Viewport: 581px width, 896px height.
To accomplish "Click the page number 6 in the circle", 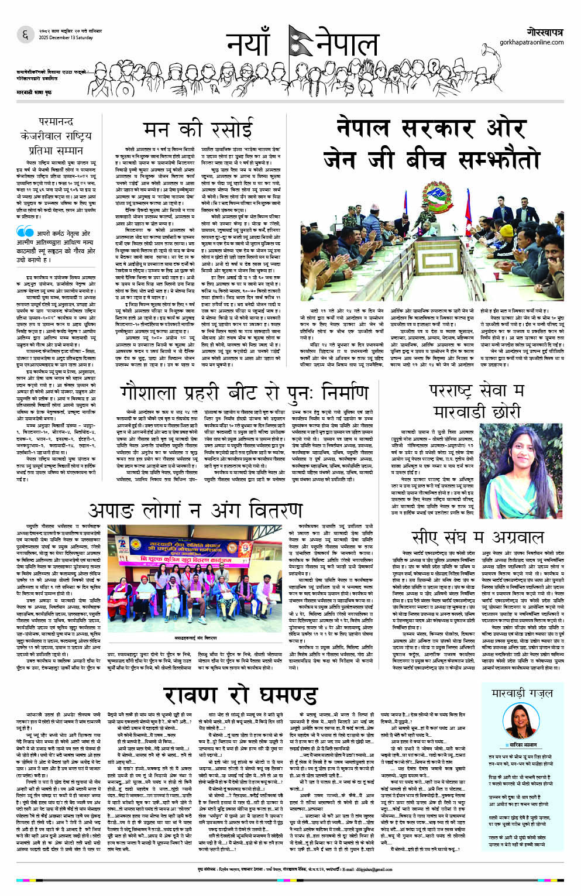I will pyautogui.click(x=25, y=35).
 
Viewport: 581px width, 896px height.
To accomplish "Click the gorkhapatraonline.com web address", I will pyautogui.click(x=531, y=42).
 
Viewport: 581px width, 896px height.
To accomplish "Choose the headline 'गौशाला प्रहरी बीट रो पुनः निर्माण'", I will pyautogui.click(x=244, y=393).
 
